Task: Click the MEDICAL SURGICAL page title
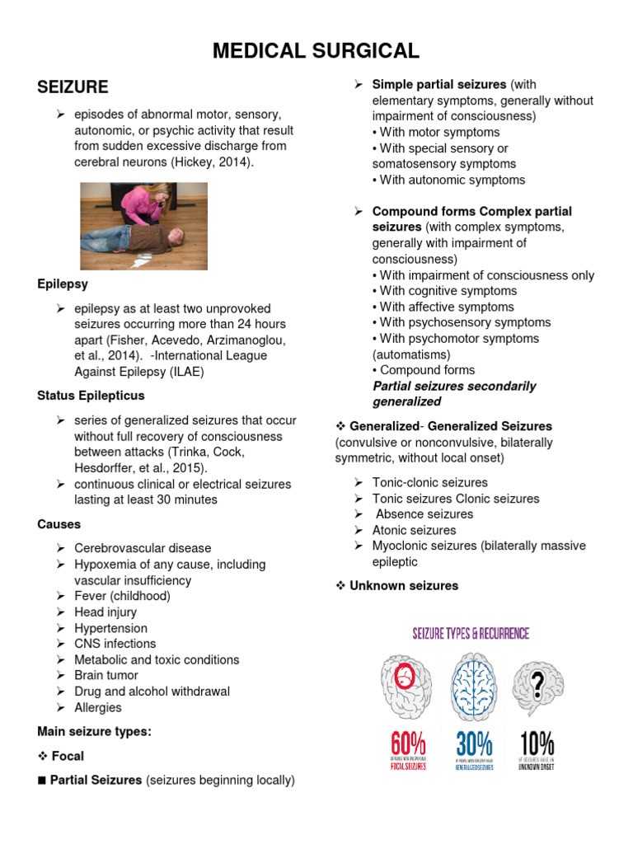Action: pos(316,51)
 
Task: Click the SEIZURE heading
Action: pos(73,87)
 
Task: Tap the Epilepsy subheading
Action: pos(62,284)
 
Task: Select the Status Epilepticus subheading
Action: pos(91,396)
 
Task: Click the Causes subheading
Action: pos(59,524)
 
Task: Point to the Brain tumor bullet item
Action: pos(106,675)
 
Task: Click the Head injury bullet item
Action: pos(105,612)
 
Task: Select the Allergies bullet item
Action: pos(97,707)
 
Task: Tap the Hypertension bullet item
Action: pos(110,628)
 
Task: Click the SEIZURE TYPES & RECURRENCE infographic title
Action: pos(471,634)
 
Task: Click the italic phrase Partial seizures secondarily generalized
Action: pos(454,394)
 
